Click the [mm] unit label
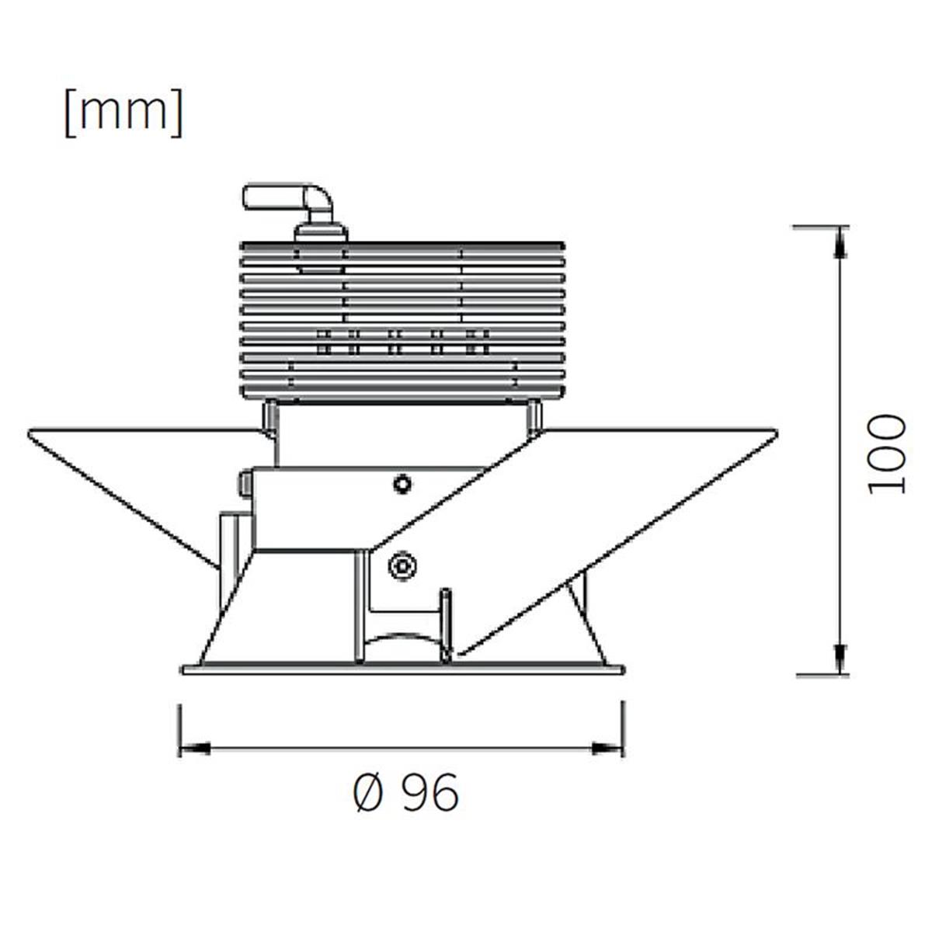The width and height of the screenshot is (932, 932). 123,113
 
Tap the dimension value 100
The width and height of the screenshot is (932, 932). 885,454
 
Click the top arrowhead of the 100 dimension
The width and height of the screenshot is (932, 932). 842,242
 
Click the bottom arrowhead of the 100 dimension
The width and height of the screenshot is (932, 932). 842,659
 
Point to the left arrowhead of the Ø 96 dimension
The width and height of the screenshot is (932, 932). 194,749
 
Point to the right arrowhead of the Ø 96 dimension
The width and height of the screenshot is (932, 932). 608,749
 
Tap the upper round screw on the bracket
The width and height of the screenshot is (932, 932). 402,484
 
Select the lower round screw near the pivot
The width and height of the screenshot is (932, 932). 403,565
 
